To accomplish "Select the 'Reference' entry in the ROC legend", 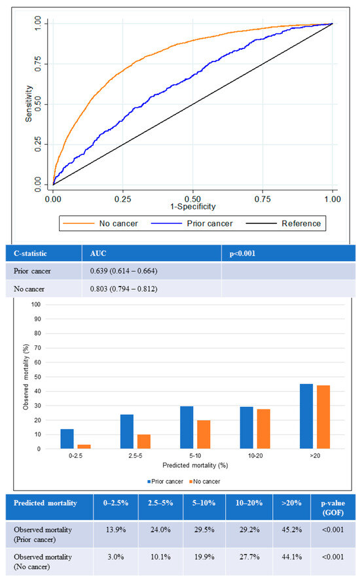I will (x=300, y=223).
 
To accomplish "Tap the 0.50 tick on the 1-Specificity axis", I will (x=192, y=197).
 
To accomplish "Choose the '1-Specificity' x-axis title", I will (x=192, y=206).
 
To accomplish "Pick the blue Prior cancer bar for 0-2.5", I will (x=67, y=438).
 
